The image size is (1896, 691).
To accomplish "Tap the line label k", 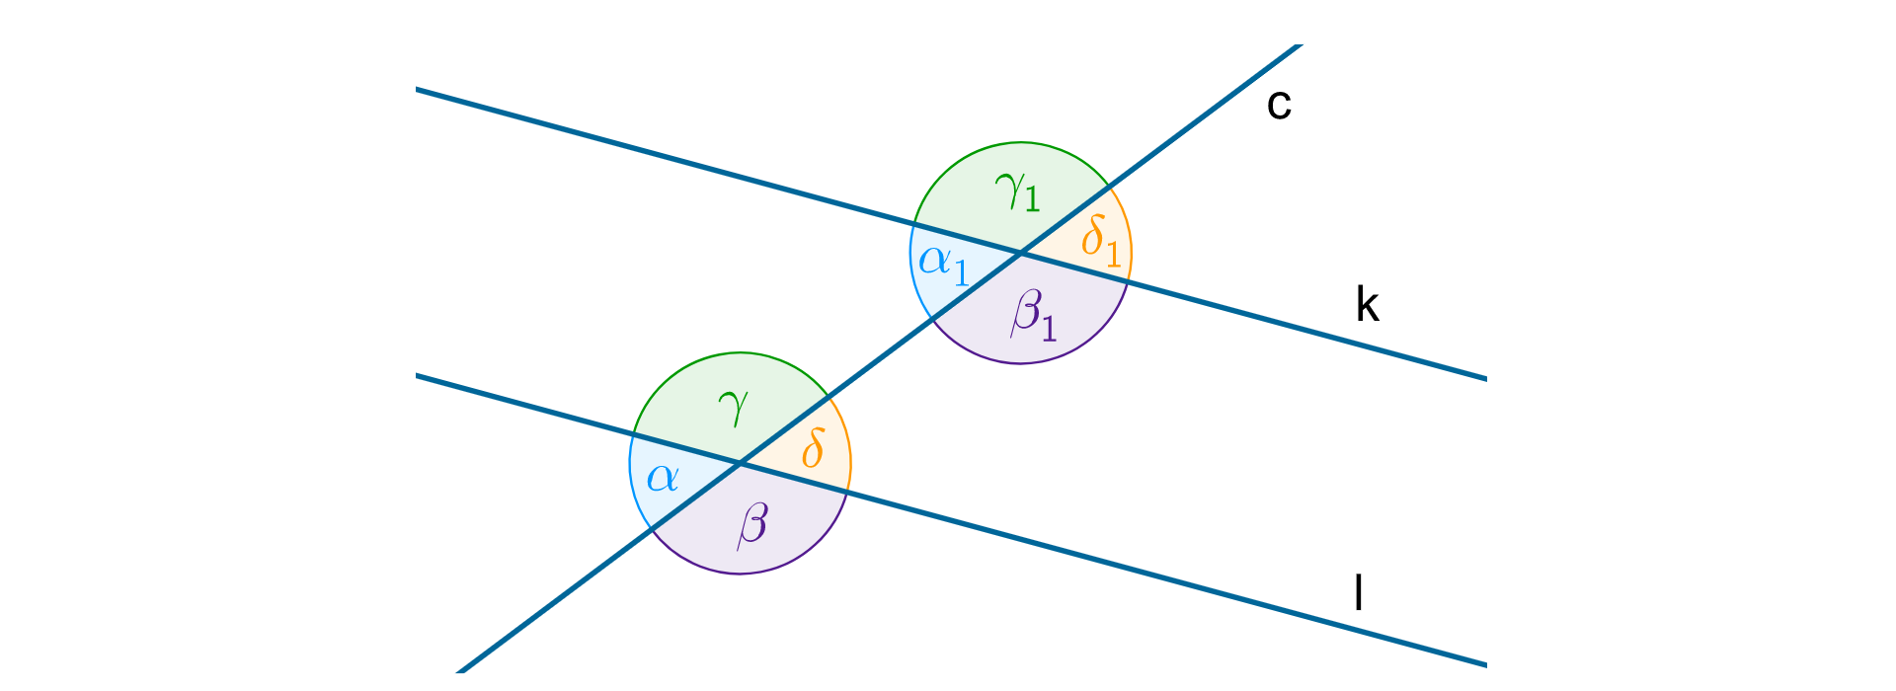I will (x=1367, y=306).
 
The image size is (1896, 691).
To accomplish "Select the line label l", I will (x=1359, y=593).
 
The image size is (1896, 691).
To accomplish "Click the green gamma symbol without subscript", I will (x=734, y=406).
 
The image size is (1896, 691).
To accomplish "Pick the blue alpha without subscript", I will (x=663, y=479).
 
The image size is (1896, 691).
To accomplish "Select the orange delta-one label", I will (x=1100, y=241).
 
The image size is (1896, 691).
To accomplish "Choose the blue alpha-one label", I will (x=944, y=263).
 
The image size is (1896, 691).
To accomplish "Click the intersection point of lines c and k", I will (x=1020, y=254).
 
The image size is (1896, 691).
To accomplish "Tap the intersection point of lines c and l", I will (x=740, y=462).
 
